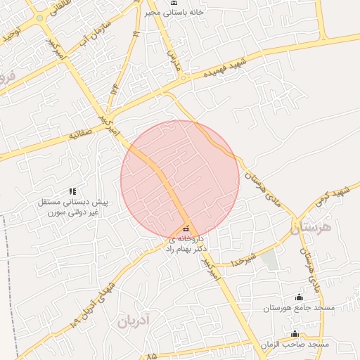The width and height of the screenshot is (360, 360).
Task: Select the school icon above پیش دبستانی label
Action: (x=72, y=191)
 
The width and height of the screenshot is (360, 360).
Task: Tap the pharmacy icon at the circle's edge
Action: (x=186, y=228)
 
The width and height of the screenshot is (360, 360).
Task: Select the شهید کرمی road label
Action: (x=339, y=193)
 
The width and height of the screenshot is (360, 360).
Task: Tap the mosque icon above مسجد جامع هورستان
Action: (x=300, y=297)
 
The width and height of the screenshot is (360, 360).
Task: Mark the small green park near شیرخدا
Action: (x=269, y=259)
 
